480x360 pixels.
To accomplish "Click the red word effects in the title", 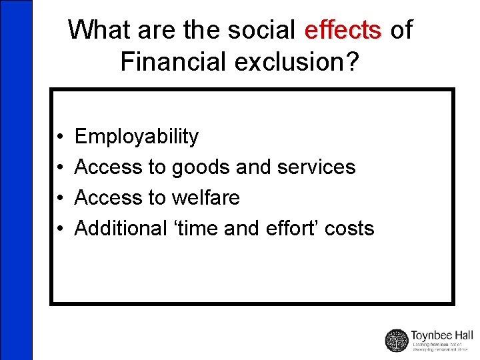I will (x=343, y=30).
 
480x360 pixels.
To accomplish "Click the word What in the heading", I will (x=99, y=30).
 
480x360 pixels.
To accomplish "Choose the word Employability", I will (x=137, y=137).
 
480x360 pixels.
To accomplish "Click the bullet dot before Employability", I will (x=60, y=137).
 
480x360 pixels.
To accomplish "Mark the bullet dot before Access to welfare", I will (x=60, y=199).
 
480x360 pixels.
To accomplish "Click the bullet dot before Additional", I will (x=60, y=229).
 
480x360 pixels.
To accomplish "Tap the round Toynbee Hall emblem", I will (x=397, y=340).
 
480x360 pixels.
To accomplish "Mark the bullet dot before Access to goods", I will (x=60, y=168).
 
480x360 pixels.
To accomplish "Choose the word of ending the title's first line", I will (x=401, y=30).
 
